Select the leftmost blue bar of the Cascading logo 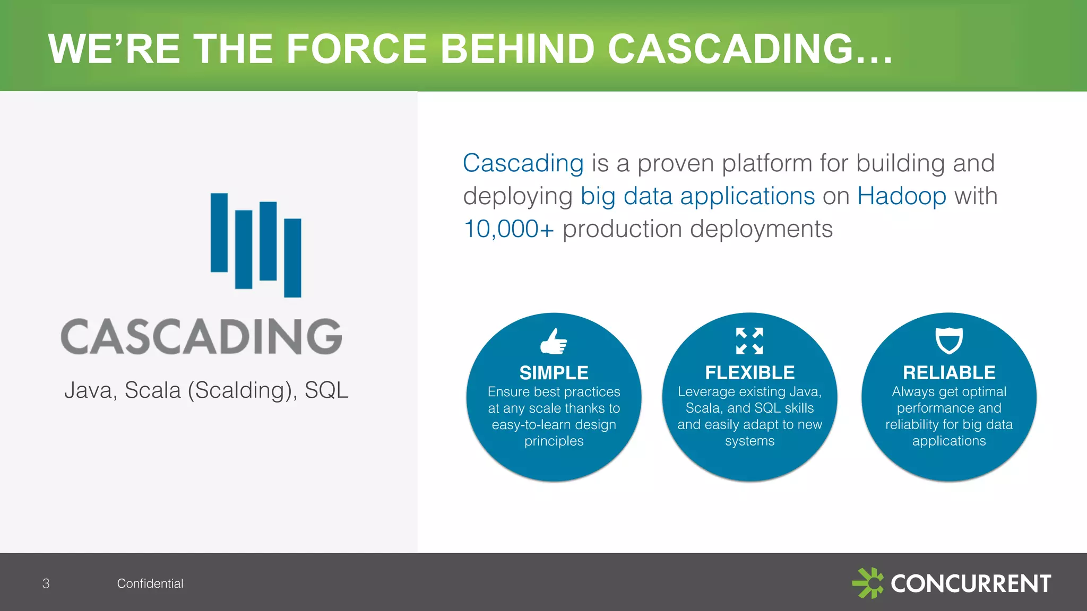coord(219,232)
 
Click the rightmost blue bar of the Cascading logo coord(292,258)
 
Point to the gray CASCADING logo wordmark coord(202,337)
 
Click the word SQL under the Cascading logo coord(326,390)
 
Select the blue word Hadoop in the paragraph coord(901,196)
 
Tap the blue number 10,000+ coord(508,229)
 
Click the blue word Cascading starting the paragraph coord(523,163)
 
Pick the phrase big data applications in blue coord(697,196)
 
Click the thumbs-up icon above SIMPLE coord(554,341)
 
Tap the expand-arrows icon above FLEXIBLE coord(749,341)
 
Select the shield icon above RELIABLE coord(948,340)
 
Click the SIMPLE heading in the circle coord(554,373)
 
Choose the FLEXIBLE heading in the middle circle coord(749,373)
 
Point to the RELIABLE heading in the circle coord(948,373)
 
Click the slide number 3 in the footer coord(46,583)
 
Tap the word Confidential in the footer coord(150,583)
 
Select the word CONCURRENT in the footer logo coord(971,584)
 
